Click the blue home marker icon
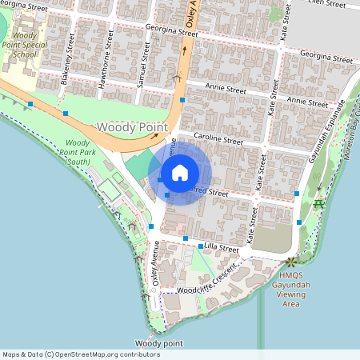pos(180,172)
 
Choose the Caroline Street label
pos(212,138)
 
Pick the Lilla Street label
pos(222,248)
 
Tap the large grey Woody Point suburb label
pos(132,127)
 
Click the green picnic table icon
pos(319,204)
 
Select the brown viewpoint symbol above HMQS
pos(290,262)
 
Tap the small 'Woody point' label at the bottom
pos(159,342)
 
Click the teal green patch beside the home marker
pos(138,166)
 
